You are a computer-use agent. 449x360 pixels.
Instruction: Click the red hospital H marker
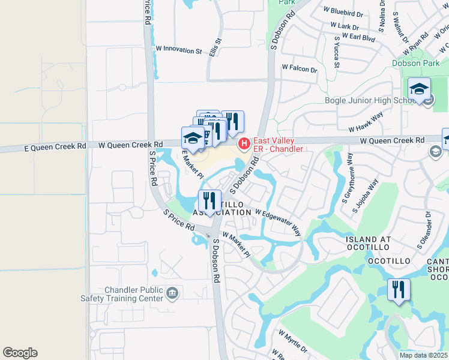(x=244, y=143)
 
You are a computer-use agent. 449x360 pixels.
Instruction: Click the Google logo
(x=20, y=353)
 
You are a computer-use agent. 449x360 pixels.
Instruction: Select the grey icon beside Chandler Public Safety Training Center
(x=172, y=293)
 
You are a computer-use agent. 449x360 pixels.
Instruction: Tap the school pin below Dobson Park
(x=419, y=89)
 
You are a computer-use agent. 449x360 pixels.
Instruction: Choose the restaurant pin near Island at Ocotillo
(x=399, y=290)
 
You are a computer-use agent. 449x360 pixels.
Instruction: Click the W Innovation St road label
(x=179, y=50)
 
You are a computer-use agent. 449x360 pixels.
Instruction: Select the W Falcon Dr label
(x=299, y=69)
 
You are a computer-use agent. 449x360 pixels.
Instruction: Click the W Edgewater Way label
(x=277, y=221)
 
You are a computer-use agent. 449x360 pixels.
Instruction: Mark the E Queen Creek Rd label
(x=52, y=147)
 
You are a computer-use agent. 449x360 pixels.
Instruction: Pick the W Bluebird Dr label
(x=343, y=10)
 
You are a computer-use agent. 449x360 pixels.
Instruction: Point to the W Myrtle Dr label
(x=292, y=340)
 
